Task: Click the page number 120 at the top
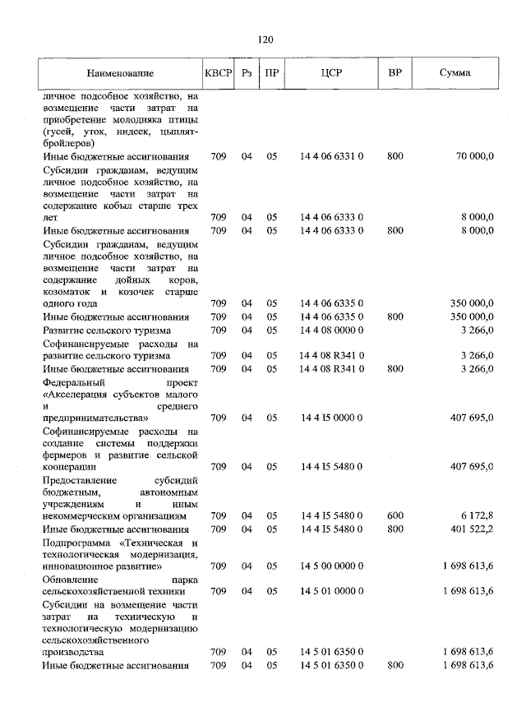[x=264, y=39]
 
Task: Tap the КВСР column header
[x=218, y=73]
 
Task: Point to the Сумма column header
[x=454, y=73]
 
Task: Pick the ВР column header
[x=394, y=73]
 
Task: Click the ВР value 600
[x=394, y=515]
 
